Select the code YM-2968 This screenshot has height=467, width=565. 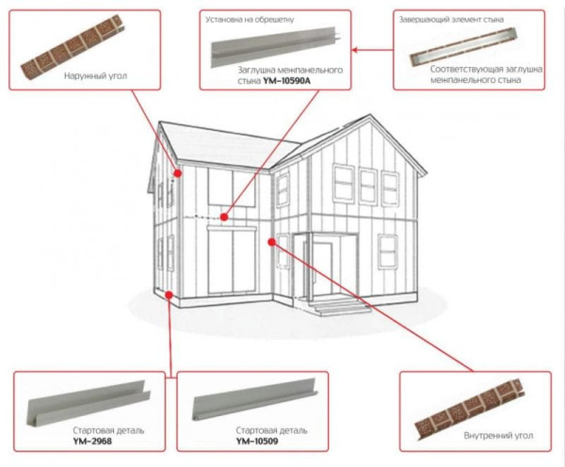pyautogui.click(x=89, y=440)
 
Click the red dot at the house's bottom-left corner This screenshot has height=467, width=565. pyautogui.click(x=168, y=295)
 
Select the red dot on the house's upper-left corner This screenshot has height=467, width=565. pyautogui.click(x=177, y=173)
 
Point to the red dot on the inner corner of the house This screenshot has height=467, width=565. pyautogui.click(x=271, y=242)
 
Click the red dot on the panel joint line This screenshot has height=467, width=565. pyautogui.click(x=225, y=217)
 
